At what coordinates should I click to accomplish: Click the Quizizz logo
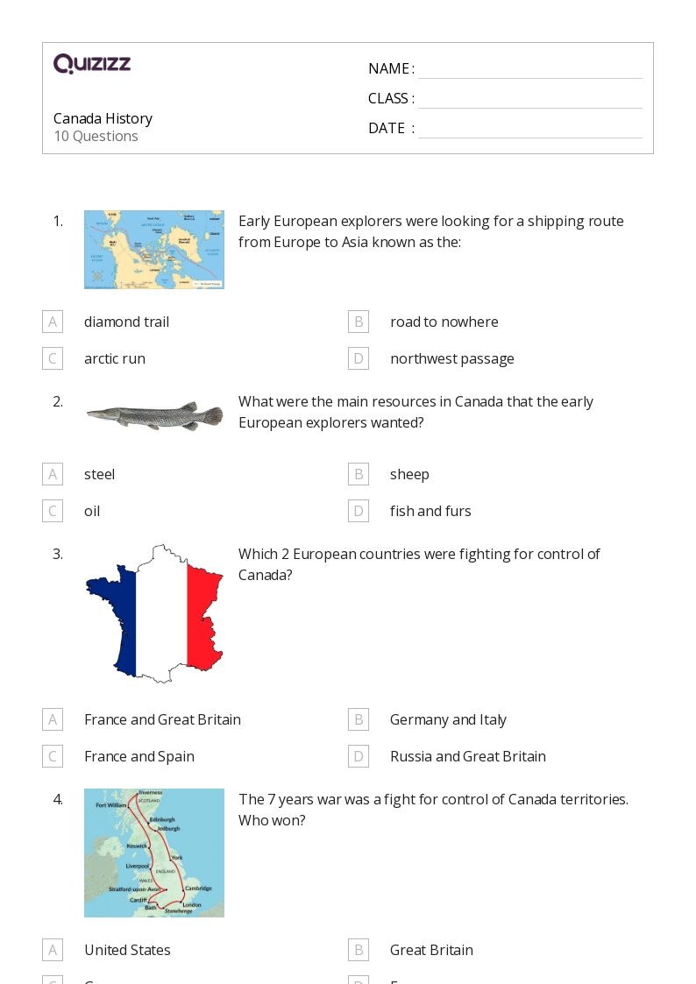[x=92, y=64]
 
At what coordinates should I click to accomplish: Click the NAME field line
[x=529, y=70]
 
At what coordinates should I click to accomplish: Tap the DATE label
[x=387, y=128]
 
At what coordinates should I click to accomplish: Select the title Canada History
[x=103, y=118]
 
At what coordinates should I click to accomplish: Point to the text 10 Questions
[x=96, y=136]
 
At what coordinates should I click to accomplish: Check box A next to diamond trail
[x=53, y=322]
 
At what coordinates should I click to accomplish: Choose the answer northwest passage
[x=451, y=358]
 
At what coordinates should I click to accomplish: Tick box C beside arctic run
[x=53, y=358]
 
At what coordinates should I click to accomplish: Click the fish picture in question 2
[x=154, y=415]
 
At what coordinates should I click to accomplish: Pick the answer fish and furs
[x=430, y=511]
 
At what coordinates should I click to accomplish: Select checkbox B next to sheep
[x=359, y=474]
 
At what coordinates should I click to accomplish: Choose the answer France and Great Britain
[x=162, y=719]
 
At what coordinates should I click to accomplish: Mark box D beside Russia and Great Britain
[x=359, y=756]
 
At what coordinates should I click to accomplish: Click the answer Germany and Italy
[x=448, y=719]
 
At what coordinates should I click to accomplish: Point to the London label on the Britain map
[x=192, y=904]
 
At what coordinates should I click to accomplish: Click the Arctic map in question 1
[x=154, y=250]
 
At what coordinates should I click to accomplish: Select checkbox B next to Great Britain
[x=359, y=950]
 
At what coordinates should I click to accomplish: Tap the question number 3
[x=58, y=554]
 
